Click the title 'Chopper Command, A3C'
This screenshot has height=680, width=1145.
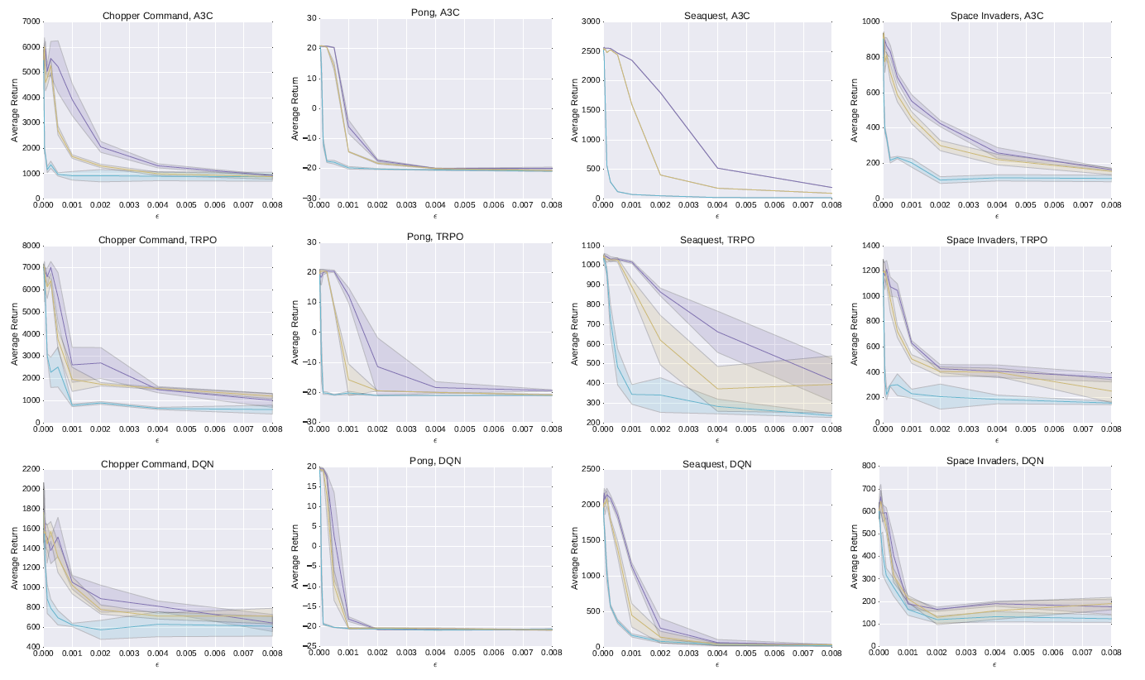pos(157,16)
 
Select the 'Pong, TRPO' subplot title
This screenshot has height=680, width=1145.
pos(436,237)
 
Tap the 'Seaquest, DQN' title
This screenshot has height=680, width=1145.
pos(716,464)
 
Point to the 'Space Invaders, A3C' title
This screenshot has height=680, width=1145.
pos(996,16)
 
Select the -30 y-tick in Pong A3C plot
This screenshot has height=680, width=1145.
pos(309,199)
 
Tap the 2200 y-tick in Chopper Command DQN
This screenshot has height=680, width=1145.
pos(29,469)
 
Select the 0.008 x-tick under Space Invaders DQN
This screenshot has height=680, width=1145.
pos(1111,654)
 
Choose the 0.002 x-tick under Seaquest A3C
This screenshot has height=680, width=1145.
pos(660,206)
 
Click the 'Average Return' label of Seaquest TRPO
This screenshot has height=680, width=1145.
pos(575,333)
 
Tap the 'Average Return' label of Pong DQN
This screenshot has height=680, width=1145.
pos(295,557)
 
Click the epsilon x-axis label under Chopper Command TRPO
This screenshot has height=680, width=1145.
pos(157,439)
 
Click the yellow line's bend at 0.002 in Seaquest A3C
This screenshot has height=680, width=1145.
pos(660,175)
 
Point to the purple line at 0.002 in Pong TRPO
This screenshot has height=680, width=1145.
pos(378,366)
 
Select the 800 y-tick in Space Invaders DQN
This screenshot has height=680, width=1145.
pos(870,467)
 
